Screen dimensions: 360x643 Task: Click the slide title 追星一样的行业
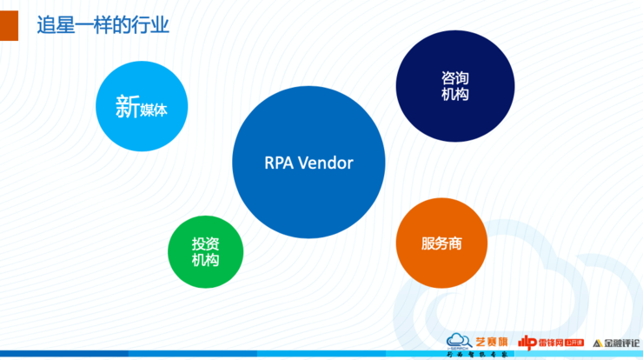click(102, 26)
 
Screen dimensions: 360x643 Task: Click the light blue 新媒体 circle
click(141, 107)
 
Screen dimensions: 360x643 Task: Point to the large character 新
click(127, 107)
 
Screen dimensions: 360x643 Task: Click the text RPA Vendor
click(308, 163)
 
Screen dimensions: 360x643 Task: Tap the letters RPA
click(278, 163)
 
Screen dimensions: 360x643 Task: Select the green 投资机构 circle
click(205, 252)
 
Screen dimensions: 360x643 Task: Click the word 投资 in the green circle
click(205, 244)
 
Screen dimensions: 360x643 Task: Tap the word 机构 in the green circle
click(205, 261)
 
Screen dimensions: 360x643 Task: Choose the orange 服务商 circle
click(441, 243)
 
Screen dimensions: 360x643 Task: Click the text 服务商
click(441, 244)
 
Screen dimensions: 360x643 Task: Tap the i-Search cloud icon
click(459, 341)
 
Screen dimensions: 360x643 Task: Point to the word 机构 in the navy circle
click(455, 95)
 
